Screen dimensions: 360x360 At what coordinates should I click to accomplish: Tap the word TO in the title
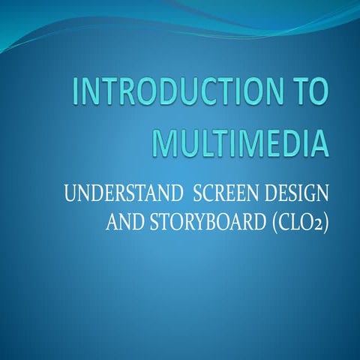tap(309, 97)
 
